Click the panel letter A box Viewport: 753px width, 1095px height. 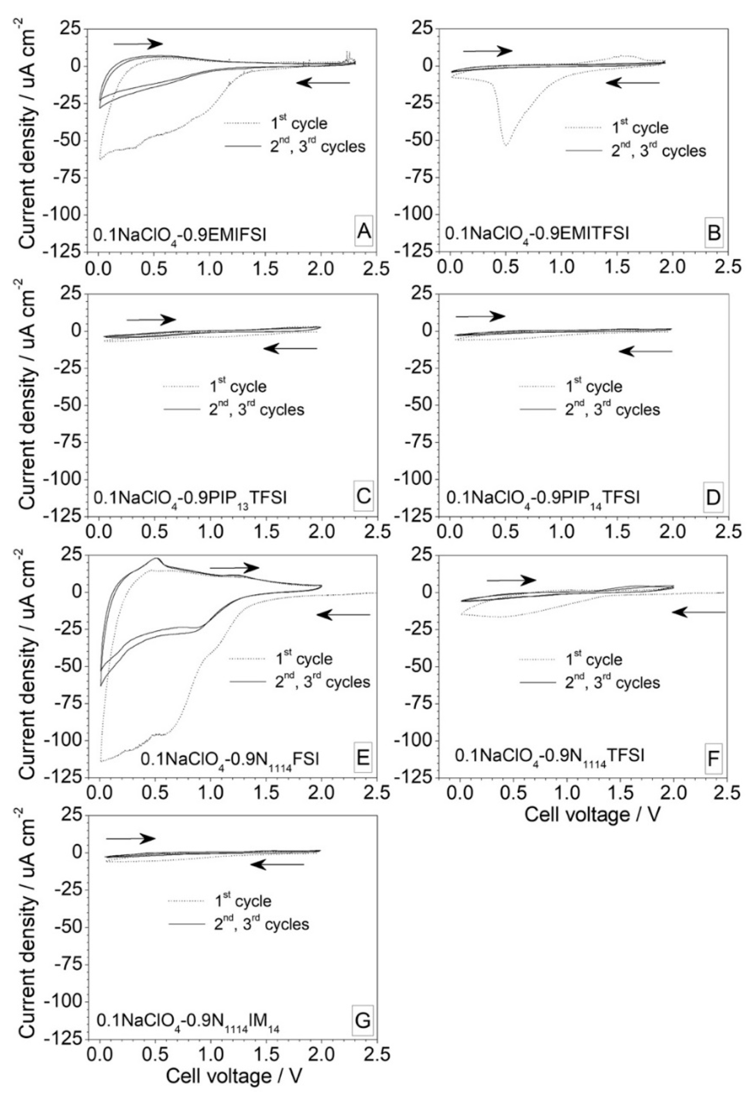point(362,233)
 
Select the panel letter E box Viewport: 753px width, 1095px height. point(362,759)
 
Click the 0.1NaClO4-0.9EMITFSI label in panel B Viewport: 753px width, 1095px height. point(538,234)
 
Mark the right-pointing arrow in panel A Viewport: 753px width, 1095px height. point(138,44)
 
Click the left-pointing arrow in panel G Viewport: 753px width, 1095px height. point(278,864)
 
